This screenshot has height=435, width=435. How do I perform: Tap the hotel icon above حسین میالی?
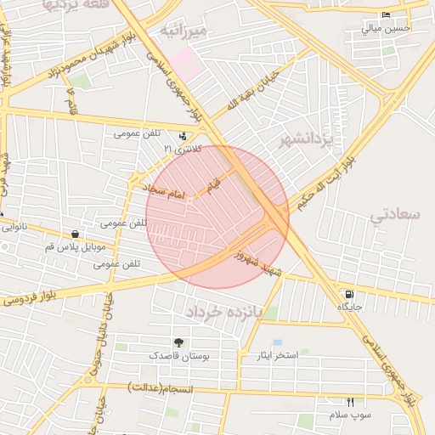[387, 15]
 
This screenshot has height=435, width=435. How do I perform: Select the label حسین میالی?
[387, 28]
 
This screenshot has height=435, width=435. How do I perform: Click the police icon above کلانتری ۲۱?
[183, 136]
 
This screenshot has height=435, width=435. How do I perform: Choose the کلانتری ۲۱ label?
[179, 150]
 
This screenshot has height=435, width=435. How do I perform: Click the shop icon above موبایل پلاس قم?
[76, 234]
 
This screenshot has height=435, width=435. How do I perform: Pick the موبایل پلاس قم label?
[76, 246]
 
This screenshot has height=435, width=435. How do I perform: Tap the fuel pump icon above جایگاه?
[351, 293]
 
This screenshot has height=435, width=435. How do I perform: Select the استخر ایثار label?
[278, 354]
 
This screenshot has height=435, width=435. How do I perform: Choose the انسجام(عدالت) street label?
[161, 388]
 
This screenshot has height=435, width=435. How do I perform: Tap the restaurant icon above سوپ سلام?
[349, 401]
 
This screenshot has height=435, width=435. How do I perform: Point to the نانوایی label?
[17, 227]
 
